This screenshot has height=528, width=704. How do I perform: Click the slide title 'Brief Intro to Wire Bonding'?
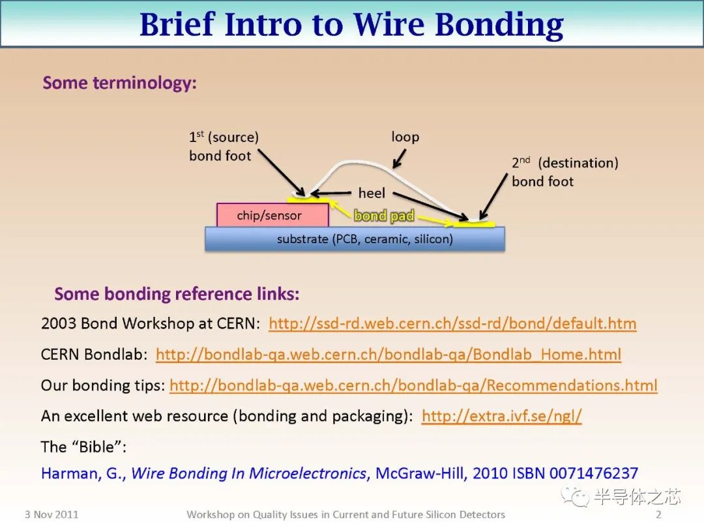(351, 25)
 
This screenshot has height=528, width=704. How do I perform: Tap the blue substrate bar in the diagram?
(355, 239)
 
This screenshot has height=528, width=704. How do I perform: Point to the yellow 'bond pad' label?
(384, 216)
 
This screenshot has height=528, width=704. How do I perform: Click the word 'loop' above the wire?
(405, 137)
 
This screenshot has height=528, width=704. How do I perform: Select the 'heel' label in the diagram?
(372, 193)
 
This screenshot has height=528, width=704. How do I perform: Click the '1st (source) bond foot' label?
(223, 146)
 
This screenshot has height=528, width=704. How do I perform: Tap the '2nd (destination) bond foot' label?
(565, 172)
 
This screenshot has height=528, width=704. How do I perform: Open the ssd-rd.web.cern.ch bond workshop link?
(452, 323)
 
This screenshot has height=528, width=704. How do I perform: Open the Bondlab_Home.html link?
(389, 355)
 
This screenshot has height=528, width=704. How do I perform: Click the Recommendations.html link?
(413, 385)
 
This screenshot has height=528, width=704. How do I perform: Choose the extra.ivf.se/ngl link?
(501, 416)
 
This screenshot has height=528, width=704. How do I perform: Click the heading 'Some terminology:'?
(119, 83)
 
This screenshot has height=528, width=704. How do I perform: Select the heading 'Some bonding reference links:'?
(177, 294)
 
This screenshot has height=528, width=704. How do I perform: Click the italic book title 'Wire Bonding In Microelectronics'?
(248, 473)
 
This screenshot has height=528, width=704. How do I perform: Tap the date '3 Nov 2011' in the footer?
(51, 514)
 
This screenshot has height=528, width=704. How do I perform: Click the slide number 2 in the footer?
(658, 514)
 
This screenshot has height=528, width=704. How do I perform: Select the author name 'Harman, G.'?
(83, 473)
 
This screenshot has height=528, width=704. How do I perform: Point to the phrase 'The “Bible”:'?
(83, 447)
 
